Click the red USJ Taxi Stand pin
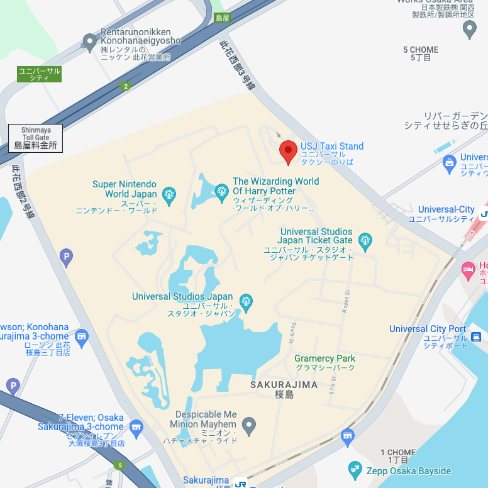tap(288, 152)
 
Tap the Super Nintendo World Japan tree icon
tap(169, 195)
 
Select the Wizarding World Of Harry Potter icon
tap(221, 191)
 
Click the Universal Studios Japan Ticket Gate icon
tap(365, 240)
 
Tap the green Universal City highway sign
tap(39, 74)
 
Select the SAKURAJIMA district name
tap(284, 384)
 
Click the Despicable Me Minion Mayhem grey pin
tap(249, 426)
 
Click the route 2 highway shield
tap(126, 86)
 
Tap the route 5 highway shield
tap(119, 466)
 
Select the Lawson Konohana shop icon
tap(81, 338)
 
